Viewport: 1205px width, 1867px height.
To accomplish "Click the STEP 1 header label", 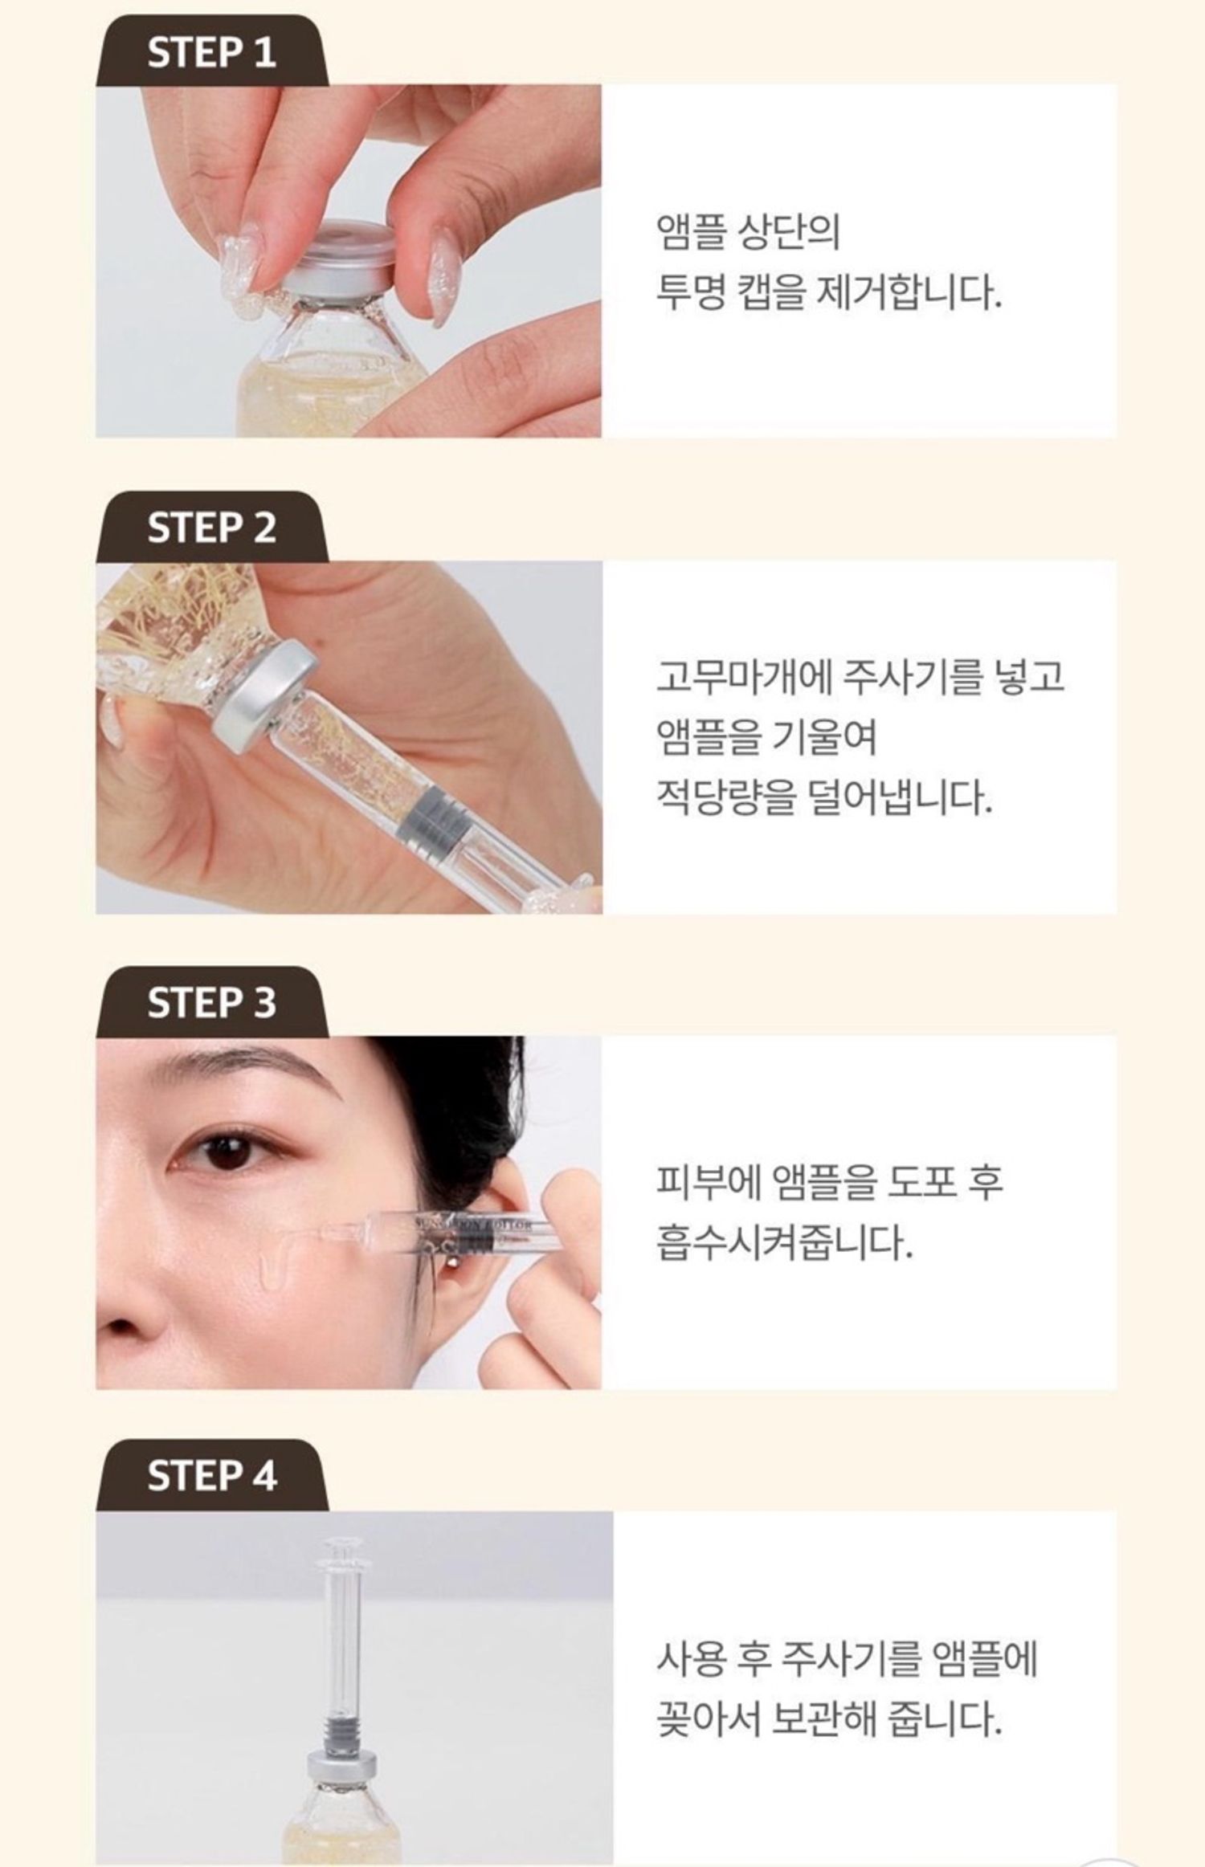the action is [211, 53].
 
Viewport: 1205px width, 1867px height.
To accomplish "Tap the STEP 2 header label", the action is [211, 528].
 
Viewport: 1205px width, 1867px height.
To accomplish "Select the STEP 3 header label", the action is [211, 1003].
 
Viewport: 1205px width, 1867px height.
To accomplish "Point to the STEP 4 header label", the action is [211, 1476].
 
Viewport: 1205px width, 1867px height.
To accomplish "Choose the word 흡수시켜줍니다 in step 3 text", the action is [785, 1243].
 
